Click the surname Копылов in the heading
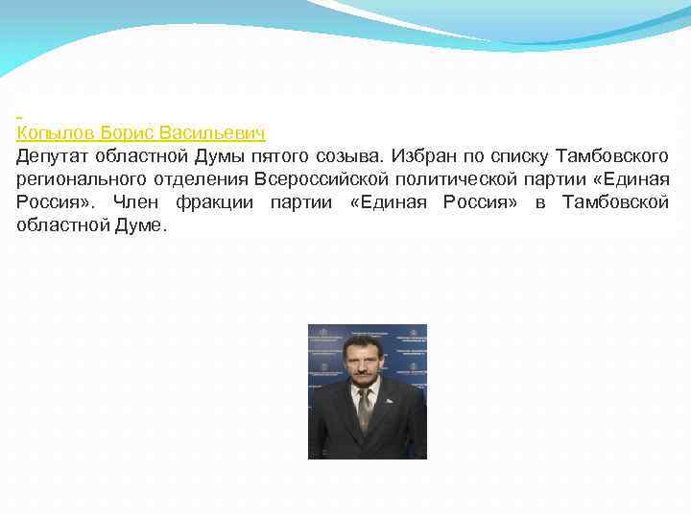(55, 131)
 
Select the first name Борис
(127, 131)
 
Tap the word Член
(134, 202)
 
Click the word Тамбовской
(615, 202)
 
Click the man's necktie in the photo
(364, 408)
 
